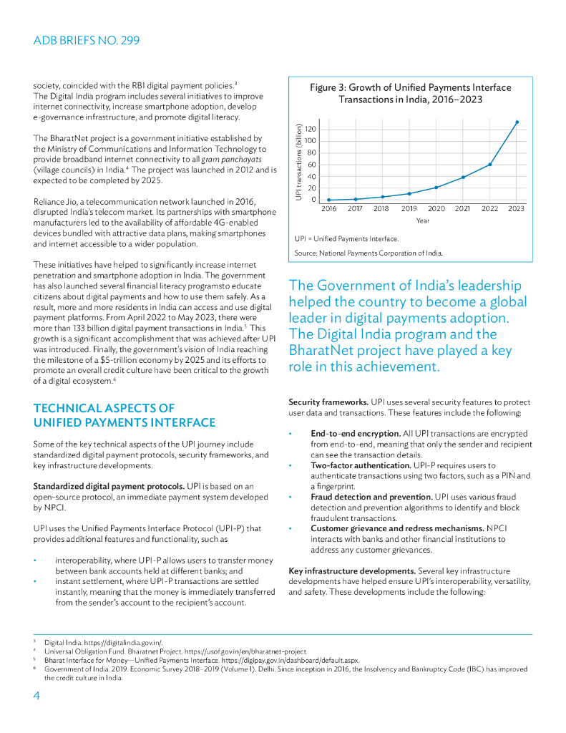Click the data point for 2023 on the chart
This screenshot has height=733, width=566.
coord(517,122)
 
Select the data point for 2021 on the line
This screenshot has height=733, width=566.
coord(463,177)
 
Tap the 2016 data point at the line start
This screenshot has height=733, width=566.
coord(328,200)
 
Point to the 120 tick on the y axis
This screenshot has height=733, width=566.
coord(311,129)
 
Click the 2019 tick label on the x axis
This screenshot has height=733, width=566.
coord(409,208)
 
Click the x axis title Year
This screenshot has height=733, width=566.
coord(422,220)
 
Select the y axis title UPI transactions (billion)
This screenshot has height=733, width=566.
coord(298,162)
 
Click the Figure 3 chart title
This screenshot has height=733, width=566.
coord(410,94)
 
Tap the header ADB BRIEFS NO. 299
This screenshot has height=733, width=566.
coord(87,40)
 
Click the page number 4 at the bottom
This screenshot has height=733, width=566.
coord(36,696)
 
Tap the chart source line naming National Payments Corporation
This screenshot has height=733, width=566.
coord(369,253)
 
